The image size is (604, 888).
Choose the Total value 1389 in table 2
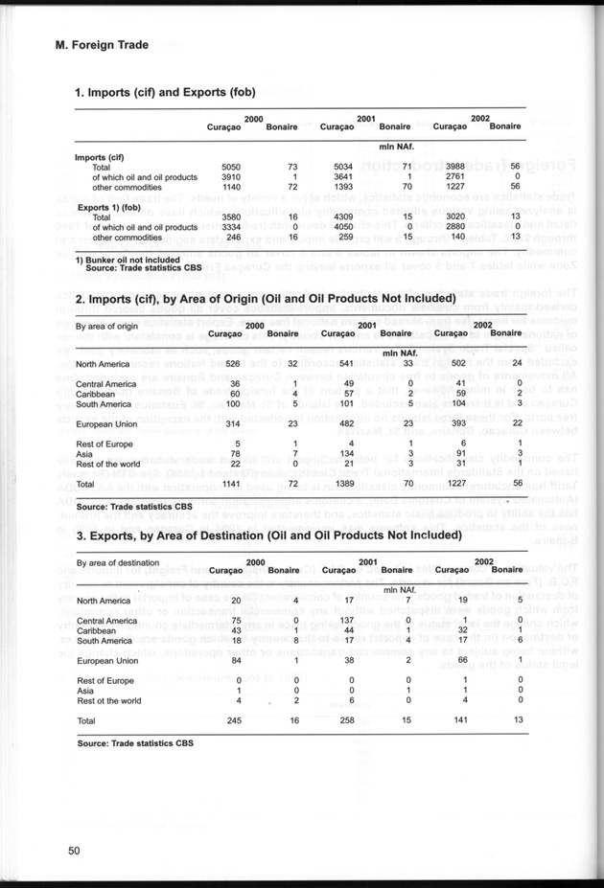[343, 485]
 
